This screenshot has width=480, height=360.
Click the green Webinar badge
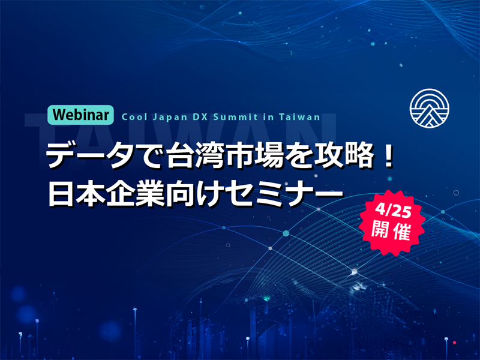tap(80, 115)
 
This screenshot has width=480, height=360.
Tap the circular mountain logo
tap(429, 109)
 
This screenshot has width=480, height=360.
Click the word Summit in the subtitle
tap(235, 117)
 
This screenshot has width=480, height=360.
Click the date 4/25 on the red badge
tap(394, 211)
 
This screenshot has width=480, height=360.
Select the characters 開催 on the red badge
tap(391, 231)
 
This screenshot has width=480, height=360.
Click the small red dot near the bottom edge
tap(455, 343)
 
